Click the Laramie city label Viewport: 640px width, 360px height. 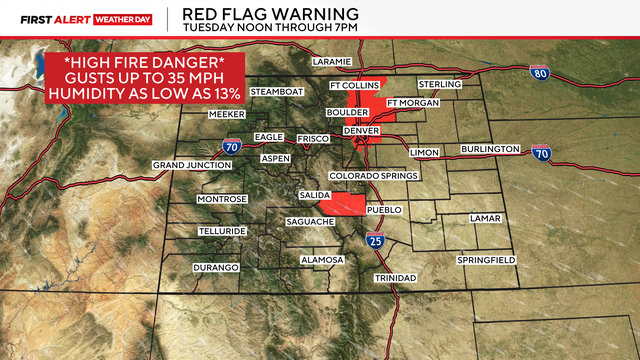pos(332,62)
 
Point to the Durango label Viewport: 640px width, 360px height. pos(216,268)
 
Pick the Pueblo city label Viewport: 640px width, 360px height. pos(384,210)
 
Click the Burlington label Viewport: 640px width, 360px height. pos(490,149)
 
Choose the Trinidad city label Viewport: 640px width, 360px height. pos(394,277)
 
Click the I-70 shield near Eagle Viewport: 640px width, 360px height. pos(232,146)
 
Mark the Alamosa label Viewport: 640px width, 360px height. pos(322,260)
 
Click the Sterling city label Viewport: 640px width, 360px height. pos(440,85)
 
